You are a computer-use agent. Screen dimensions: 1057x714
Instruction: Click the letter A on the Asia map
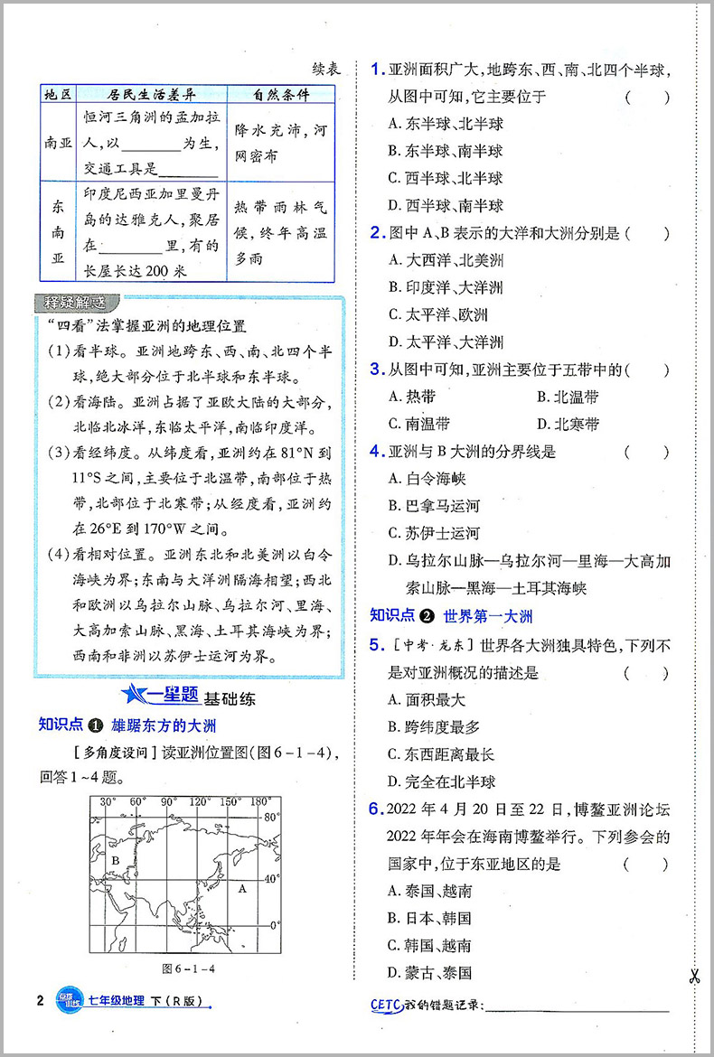click(x=241, y=888)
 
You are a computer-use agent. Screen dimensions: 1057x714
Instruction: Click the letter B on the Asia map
click(x=115, y=861)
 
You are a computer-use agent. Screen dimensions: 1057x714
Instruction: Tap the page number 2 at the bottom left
click(x=39, y=1000)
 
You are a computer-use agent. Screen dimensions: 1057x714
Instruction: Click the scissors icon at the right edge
click(x=694, y=976)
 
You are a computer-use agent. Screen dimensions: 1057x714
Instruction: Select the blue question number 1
click(x=377, y=69)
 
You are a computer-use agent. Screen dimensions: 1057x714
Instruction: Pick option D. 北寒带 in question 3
click(x=567, y=424)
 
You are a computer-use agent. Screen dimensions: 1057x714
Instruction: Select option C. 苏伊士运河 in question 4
click(x=434, y=533)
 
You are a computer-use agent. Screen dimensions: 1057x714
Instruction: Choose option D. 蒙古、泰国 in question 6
click(x=429, y=973)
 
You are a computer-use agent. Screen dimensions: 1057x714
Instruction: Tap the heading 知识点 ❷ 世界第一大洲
click(x=452, y=616)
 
